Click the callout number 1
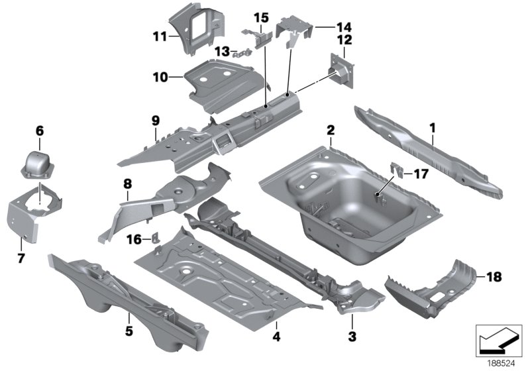point(431,124)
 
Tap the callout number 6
point(39,131)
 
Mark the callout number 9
point(155,121)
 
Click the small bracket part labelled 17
point(399,171)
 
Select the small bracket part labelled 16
point(156,237)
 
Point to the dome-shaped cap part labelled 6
point(40,162)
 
